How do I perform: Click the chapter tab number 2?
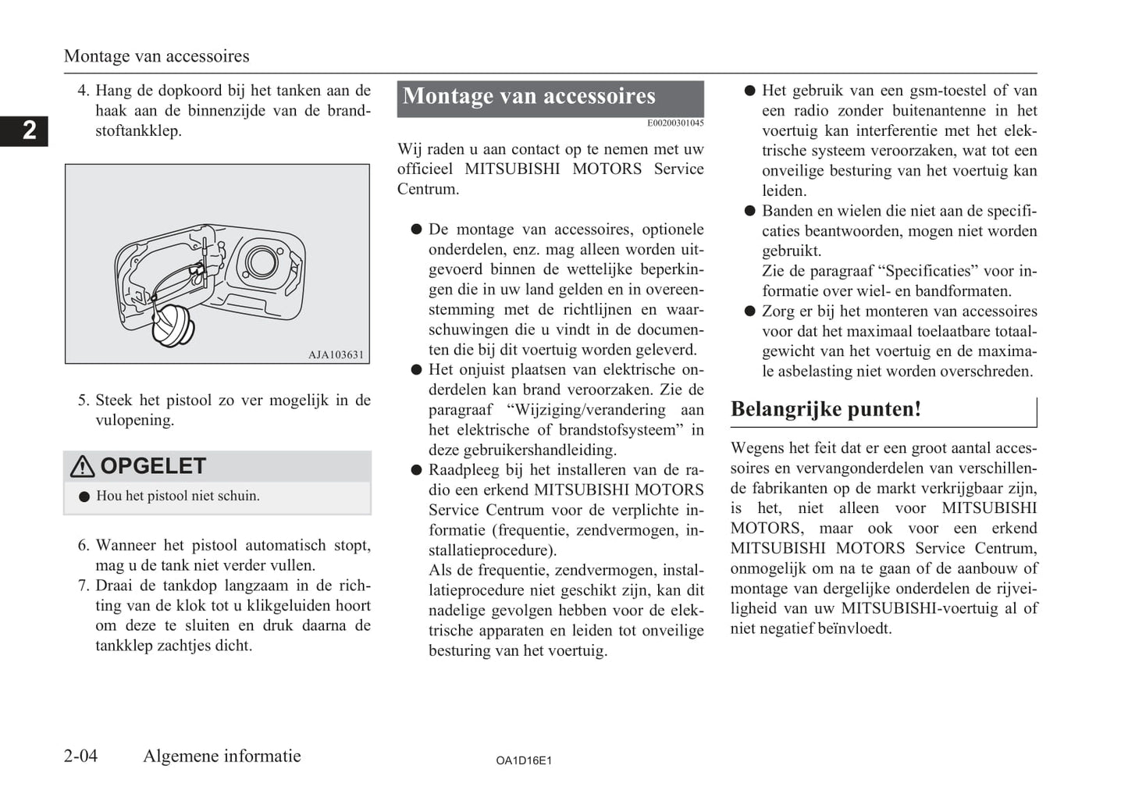(29, 130)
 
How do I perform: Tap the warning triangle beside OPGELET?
(82, 467)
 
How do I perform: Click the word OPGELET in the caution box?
(153, 466)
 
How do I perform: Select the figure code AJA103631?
(336, 354)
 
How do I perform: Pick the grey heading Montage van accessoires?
(529, 97)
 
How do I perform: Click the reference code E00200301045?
(675, 123)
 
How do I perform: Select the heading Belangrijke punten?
(826, 410)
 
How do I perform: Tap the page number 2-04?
(81, 756)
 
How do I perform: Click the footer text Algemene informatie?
(222, 756)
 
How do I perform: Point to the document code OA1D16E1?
(524, 760)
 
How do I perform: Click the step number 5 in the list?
(84, 400)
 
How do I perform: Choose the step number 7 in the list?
(84, 586)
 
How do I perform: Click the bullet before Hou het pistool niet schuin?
(84, 497)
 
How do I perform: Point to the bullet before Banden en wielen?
(750, 211)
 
